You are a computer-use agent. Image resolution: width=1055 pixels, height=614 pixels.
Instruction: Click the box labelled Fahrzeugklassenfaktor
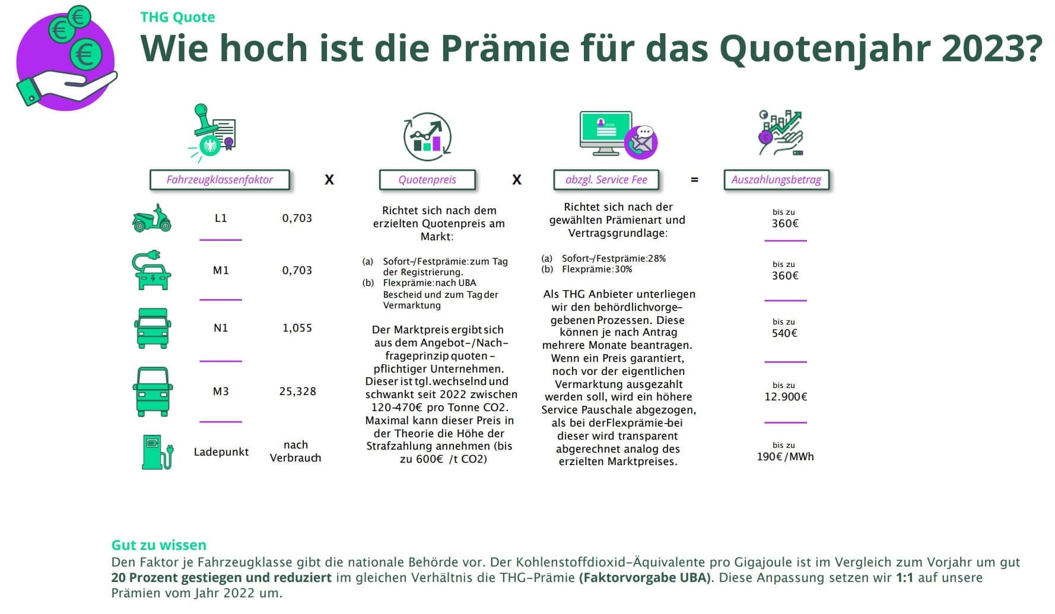click(220, 180)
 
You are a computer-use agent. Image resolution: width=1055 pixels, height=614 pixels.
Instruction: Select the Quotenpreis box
click(427, 180)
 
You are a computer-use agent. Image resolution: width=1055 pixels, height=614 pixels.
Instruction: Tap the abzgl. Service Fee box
click(606, 180)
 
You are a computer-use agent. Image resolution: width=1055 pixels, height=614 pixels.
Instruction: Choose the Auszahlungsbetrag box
click(776, 180)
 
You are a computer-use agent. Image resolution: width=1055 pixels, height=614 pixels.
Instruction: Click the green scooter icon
click(152, 218)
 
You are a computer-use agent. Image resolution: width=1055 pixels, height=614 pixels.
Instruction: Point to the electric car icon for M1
click(152, 271)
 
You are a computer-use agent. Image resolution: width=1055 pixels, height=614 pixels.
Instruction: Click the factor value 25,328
click(297, 392)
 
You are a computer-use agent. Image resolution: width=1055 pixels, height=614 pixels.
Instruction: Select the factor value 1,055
click(297, 328)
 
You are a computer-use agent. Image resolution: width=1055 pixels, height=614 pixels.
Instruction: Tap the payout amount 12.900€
click(786, 397)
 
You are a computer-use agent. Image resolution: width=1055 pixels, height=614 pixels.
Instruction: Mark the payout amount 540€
click(784, 333)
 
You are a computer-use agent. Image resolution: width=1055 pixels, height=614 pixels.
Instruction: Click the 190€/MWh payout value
click(785, 457)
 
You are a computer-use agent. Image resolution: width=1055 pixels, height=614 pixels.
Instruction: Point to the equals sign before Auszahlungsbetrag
click(694, 180)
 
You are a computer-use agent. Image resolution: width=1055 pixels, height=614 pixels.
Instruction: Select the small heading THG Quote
click(177, 17)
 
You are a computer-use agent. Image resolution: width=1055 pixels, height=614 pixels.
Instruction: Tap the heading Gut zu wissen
click(159, 545)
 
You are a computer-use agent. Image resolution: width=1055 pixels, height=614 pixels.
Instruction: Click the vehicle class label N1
click(221, 328)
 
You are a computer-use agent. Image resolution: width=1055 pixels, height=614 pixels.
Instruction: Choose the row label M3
click(221, 392)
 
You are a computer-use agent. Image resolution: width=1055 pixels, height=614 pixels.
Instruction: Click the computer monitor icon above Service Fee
click(605, 132)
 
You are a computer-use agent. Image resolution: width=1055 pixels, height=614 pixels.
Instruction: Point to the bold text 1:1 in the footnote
click(905, 578)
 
